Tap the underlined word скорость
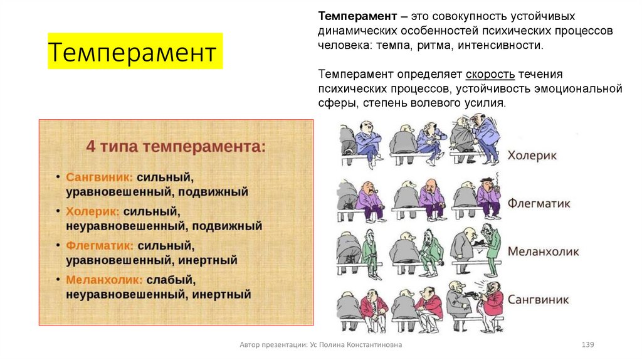(490, 74)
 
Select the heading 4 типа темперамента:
(176, 147)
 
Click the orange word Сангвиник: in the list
(99, 177)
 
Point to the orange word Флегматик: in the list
(99, 245)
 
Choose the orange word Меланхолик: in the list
(103, 278)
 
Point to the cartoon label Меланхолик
(543, 251)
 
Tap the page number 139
(587, 345)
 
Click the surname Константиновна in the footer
(369, 345)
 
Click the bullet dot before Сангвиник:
(57, 177)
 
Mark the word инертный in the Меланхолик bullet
(222, 294)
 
